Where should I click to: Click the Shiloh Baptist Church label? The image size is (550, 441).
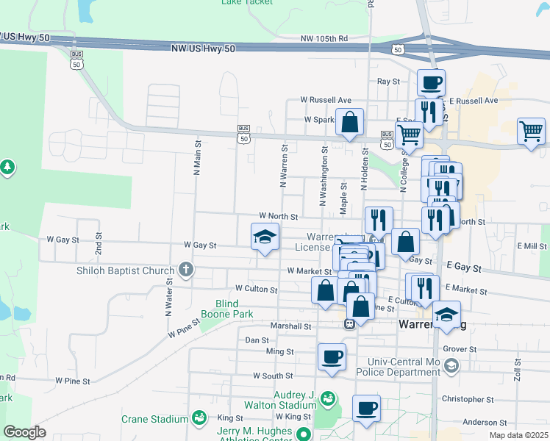coord(126,270)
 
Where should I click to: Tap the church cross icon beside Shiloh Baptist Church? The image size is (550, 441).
coord(186,269)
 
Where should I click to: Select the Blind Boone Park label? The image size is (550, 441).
coord(234,309)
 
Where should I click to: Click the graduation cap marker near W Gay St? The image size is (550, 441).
coord(265,237)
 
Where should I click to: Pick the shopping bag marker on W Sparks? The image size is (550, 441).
coord(351,121)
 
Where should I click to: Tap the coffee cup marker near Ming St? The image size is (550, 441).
coord(332,356)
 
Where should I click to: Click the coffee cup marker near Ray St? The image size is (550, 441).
coord(431,82)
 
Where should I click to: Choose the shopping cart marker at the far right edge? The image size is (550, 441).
coord(531,131)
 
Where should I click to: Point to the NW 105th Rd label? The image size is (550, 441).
coord(324,38)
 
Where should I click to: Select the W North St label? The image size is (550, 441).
coord(278,217)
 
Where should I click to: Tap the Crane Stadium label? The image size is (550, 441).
coord(156,419)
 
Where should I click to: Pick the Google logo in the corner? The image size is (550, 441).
coord(24,432)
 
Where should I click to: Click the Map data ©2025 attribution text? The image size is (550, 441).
coord(518,435)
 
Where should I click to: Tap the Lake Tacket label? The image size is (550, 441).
coord(247,2)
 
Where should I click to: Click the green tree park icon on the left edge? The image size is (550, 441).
coord(7,168)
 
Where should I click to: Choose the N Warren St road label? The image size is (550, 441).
coord(283,165)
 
